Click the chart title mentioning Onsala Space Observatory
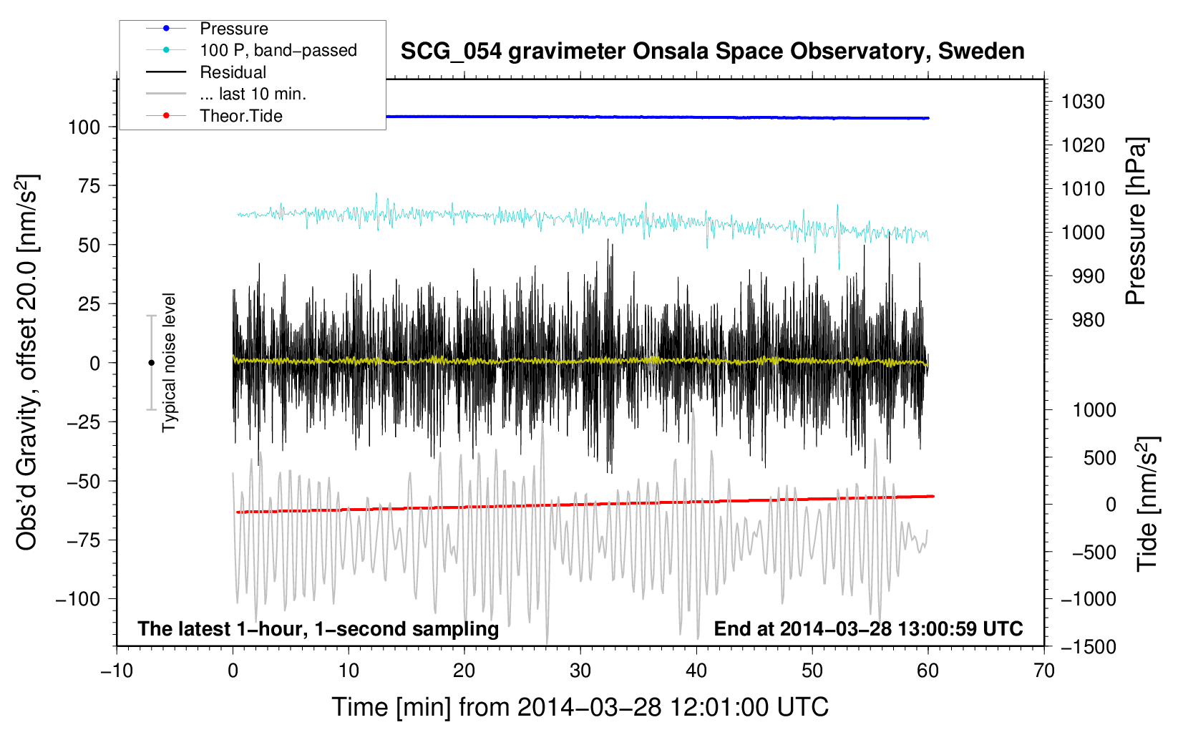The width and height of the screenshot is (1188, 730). (712, 52)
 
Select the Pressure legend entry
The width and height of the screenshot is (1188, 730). (233, 29)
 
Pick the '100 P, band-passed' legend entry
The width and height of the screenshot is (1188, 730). (278, 50)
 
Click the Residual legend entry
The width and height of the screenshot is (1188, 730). (233, 72)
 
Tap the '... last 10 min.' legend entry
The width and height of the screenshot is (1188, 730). (253, 94)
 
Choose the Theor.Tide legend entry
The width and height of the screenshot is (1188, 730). (240, 116)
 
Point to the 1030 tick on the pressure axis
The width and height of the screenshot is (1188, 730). (1083, 102)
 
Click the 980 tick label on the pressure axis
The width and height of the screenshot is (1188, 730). (1088, 320)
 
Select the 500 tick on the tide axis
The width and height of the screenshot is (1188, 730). (1099, 457)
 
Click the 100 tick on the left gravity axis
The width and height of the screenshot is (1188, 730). (84, 127)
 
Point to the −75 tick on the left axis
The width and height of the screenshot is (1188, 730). (83, 540)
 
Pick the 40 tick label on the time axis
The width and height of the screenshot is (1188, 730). (696, 671)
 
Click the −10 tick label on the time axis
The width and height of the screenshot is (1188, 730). (117, 671)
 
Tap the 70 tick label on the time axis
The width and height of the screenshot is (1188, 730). (1044, 671)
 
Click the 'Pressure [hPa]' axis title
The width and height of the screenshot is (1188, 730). (1136, 221)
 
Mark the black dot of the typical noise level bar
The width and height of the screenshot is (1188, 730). (151, 363)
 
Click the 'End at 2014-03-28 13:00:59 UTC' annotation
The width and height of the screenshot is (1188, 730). (868, 628)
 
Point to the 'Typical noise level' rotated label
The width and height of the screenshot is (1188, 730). (169, 362)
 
